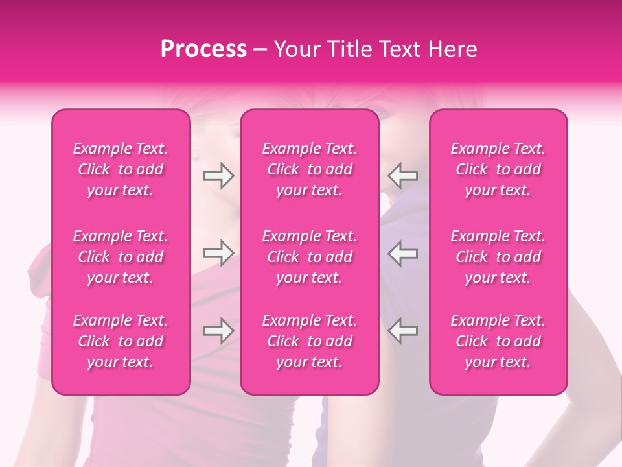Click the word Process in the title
[203, 49]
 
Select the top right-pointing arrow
[218, 175]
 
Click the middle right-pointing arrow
[218, 253]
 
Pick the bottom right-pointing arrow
[218, 331]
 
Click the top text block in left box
[121, 169]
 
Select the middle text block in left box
[121, 257]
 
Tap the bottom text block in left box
[121, 341]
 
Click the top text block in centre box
[310, 169]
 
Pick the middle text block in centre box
[310, 257]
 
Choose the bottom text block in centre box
[310, 341]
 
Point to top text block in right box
[498, 169]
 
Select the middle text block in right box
[498, 257]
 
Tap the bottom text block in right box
[498, 341]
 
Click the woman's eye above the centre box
[382, 115]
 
